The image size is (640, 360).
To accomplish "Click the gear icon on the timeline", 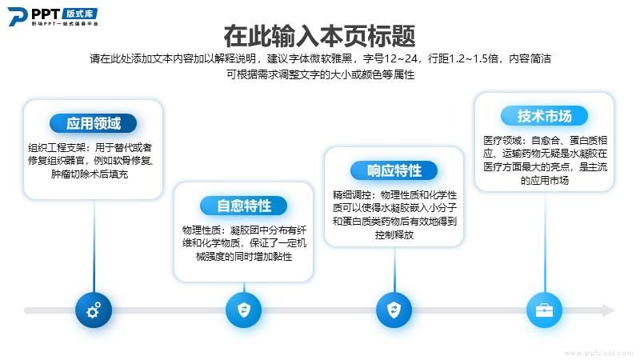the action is pyautogui.click(x=94, y=310).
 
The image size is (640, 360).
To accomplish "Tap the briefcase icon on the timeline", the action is pyautogui.click(x=545, y=310).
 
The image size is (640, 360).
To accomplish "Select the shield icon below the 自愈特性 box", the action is pyautogui.click(x=244, y=310).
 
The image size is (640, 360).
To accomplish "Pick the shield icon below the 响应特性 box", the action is pyautogui.click(x=394, y=310).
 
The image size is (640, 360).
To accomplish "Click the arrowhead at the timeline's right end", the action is pyautogui.click(x=609, y=310).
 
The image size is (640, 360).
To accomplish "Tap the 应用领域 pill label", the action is pyautogui.click(x=93, y=123).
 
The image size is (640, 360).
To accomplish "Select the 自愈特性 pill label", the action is pyautogui.click(x=244, y=206).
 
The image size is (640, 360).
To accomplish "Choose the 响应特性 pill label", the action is pyautogui.click(x=394, y=170).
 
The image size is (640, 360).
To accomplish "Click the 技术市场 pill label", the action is pyautogui.click(x=544, y=116).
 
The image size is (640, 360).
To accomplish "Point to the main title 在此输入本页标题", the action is pyautogui.click(x=319, y=36).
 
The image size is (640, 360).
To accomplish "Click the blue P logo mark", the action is pyautogui.click(x=17, y=16).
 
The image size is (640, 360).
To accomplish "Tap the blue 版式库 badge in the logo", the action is pyautogui.click(x=79, y=14).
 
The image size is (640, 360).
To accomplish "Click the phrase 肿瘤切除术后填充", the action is pyautogui.click(x=90, y=174).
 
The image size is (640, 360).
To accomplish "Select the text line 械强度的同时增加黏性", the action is pyautogui.click(x=244, y=257).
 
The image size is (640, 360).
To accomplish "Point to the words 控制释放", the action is pyautogui.click(x=394, y=234).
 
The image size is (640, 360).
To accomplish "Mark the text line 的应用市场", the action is pyautogui.click(x=544, y=181).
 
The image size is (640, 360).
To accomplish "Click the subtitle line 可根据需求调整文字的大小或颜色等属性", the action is pyautogui.click(x=321, y=74).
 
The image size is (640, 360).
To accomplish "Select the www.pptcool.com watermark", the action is pyautogui.click(x=598, y=353).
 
